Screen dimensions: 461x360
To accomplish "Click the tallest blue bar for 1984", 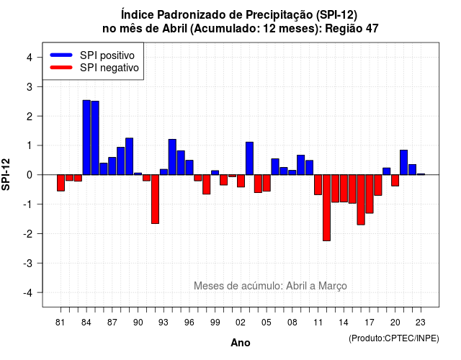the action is click(86, 138).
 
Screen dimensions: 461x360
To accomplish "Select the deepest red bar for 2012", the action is click(326, 208).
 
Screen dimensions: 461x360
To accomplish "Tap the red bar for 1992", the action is click(156, 199).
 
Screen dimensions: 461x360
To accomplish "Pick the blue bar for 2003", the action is click(250, 158).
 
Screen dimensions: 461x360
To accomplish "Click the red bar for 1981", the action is click(61, 183).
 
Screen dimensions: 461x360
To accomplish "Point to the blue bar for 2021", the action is click(403, 163).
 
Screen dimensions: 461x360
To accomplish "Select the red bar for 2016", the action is click(361, 200).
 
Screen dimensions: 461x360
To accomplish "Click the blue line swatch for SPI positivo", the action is click(61, 55).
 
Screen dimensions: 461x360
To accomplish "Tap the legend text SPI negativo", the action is click(109, 68).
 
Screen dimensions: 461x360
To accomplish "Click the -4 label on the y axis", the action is click(28, 293).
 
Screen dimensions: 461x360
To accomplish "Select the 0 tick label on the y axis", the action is click(29, 175).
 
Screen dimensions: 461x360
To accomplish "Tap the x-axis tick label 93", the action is click(164, 323).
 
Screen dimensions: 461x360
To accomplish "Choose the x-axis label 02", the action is click(241, 323).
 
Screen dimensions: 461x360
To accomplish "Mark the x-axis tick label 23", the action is click(421, 323).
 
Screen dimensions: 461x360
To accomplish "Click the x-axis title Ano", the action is click(241, 343).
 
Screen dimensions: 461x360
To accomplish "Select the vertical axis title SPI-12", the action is click(6, 174).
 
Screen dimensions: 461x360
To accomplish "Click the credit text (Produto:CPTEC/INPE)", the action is click(394, 338).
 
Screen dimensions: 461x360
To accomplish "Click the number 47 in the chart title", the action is click(372, 29).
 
